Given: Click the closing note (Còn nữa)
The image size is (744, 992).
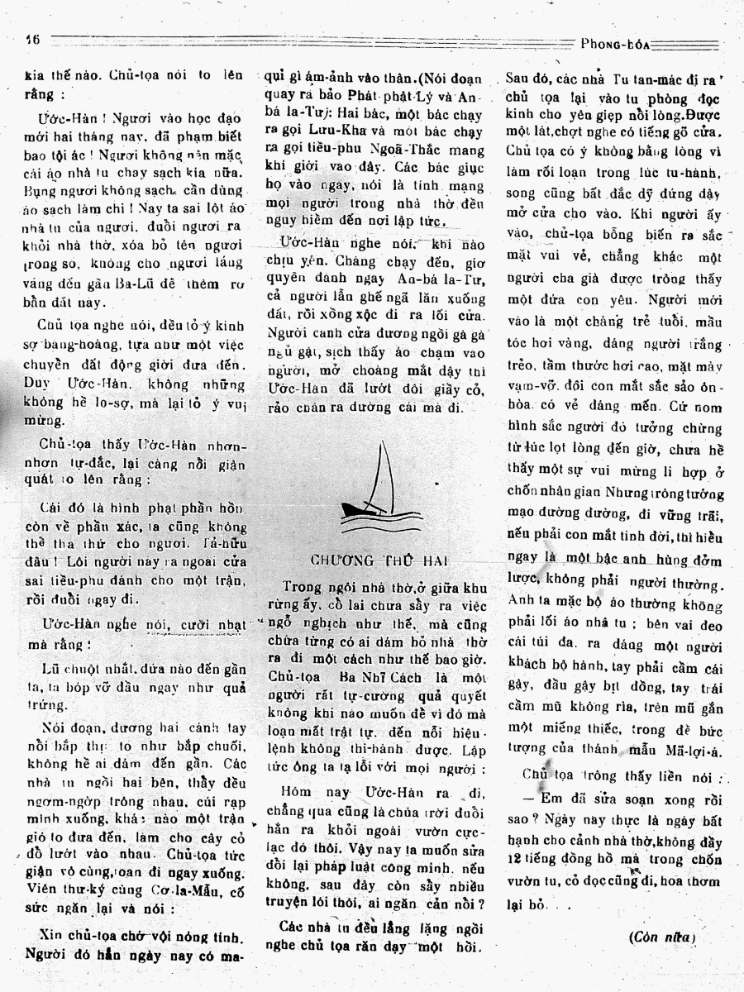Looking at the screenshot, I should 662,937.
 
